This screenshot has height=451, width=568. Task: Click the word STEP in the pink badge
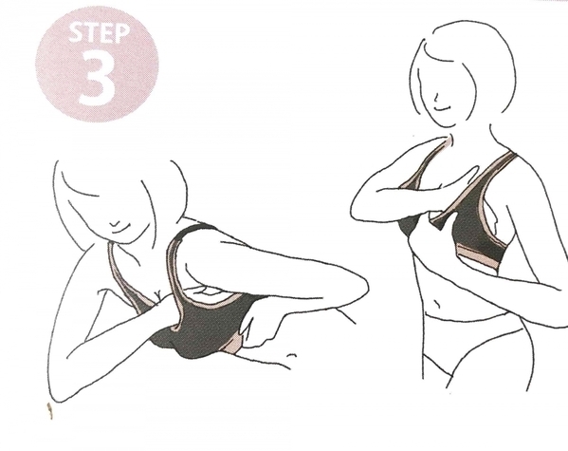pyautogui.click(x=99, y=33)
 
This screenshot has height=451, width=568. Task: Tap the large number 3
pyautogui.click(x=97, y=77)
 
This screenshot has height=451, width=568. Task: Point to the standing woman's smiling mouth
pyautogui.click(x=444, y=107)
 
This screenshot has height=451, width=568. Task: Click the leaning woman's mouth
pyautogui.click(x=119, y=226)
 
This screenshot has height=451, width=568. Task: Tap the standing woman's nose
pyautogui.click(x=436, y=97)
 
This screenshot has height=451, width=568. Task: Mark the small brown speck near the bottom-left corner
pyautogui.click(x=49, y=411)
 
